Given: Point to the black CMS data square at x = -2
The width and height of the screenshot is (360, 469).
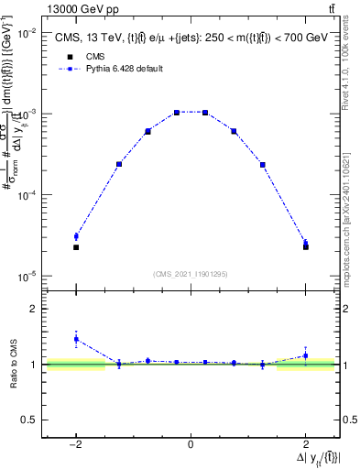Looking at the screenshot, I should (76, 247).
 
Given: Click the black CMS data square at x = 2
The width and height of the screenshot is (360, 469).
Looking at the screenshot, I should (305, 247).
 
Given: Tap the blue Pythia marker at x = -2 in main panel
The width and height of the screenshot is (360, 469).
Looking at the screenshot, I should (76, 236).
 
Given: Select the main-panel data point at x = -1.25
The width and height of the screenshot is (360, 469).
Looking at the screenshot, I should (119, 164).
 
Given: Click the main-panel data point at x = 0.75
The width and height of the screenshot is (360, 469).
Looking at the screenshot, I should (234, 131).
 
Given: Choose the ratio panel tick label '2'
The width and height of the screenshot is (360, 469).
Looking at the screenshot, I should (33, 309).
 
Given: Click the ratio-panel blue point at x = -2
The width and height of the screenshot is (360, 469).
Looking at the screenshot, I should (76, 339).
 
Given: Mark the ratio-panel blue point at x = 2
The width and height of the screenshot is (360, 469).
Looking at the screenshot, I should (305, 355).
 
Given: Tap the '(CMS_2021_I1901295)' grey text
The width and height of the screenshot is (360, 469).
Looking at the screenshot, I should (191, 274).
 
